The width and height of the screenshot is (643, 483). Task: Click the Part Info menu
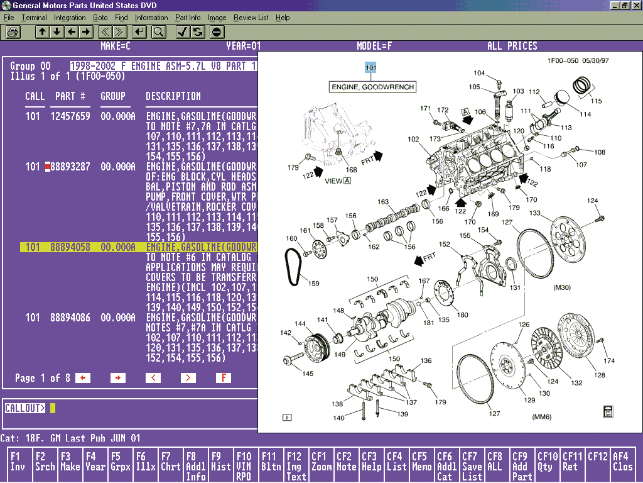point(188,18)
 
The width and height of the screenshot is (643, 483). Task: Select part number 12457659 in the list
point(70,116)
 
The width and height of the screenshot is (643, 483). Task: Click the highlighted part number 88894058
point(70,247)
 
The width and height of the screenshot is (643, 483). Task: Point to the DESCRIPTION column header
point(173,96)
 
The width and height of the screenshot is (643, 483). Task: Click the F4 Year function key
point(95,462)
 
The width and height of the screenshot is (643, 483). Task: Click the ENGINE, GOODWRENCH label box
point(373,87)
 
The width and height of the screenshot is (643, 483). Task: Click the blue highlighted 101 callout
point(370,67)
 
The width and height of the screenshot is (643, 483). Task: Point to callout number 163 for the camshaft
point(383,203)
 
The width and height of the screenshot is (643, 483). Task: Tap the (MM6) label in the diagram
point(542,417)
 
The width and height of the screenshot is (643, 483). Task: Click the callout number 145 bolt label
point(308,374)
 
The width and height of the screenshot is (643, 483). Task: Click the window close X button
point(635,5)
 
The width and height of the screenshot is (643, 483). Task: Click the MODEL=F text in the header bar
point(374,46)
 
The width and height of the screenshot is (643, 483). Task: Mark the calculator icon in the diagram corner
point(607,412)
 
